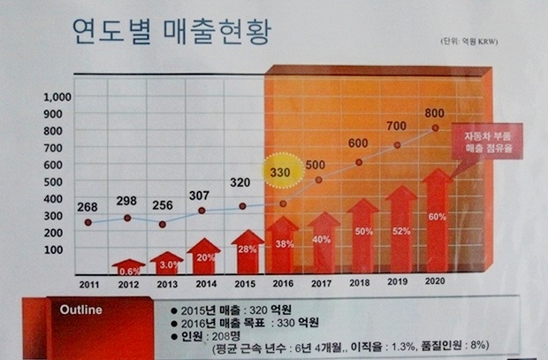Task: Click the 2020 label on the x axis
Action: (x=434, y=280)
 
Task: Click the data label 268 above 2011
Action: (x=87, y=207)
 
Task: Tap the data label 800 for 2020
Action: (x=434, y=112)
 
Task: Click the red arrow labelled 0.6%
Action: (x=129, y=267)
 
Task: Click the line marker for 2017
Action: (x=319, y=180)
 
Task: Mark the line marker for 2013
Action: (x=163, y=224)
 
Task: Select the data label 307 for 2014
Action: (x=202, y=195)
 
